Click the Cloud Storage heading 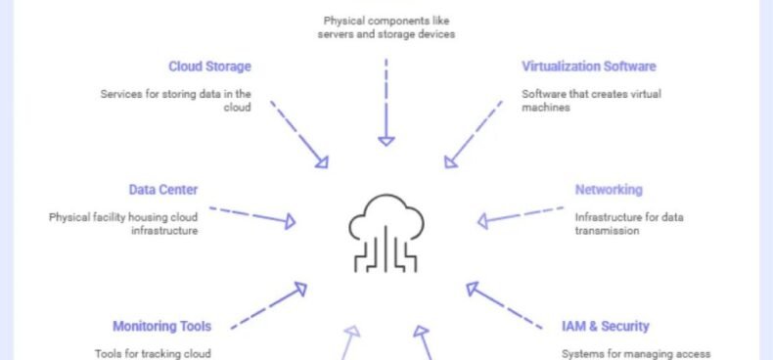[x=209, y=67]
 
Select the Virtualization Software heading [x=589, y=67]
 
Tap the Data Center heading [x=163, y=190]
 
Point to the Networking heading [x=609, y=190]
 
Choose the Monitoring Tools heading [x=161, y=326]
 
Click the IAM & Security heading [x=605, y=326]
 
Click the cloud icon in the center [x=386, y=233]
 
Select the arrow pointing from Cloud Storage [x=298, y=135]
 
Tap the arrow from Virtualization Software [x=474, y=135]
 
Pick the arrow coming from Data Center [x=252, y=216]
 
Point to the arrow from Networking [x=521, y=216]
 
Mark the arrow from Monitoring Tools [x=269, y=306]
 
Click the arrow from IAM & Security [x=504, y=306]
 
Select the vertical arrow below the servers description [x=386, y=103]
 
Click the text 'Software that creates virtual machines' [x=591, y=101]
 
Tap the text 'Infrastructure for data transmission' [x=629, y=224]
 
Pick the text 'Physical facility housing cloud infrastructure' [x=123, y=224]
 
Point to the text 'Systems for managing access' [x=636, y=354]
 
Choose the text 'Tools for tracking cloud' [x=153, y=354]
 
